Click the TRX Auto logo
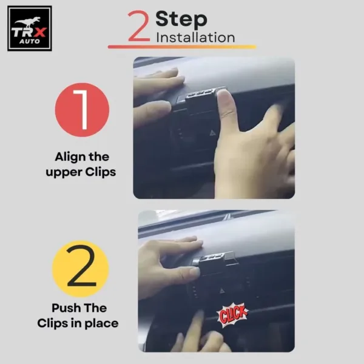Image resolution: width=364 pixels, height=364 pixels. click(x=29, y=29)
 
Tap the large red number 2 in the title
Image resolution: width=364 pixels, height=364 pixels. click(x=138, y=28)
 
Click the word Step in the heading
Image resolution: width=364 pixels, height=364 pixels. click(x=181, y=19)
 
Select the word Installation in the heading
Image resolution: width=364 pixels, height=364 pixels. click(x=195, y=38)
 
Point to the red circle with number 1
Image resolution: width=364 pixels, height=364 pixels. click(x=82, y=110)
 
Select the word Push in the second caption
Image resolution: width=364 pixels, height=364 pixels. click(x=56, y=308)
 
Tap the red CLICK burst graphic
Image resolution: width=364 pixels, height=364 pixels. click(x=234, y=314)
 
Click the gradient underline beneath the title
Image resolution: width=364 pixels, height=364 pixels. click(x=181, y=47)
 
